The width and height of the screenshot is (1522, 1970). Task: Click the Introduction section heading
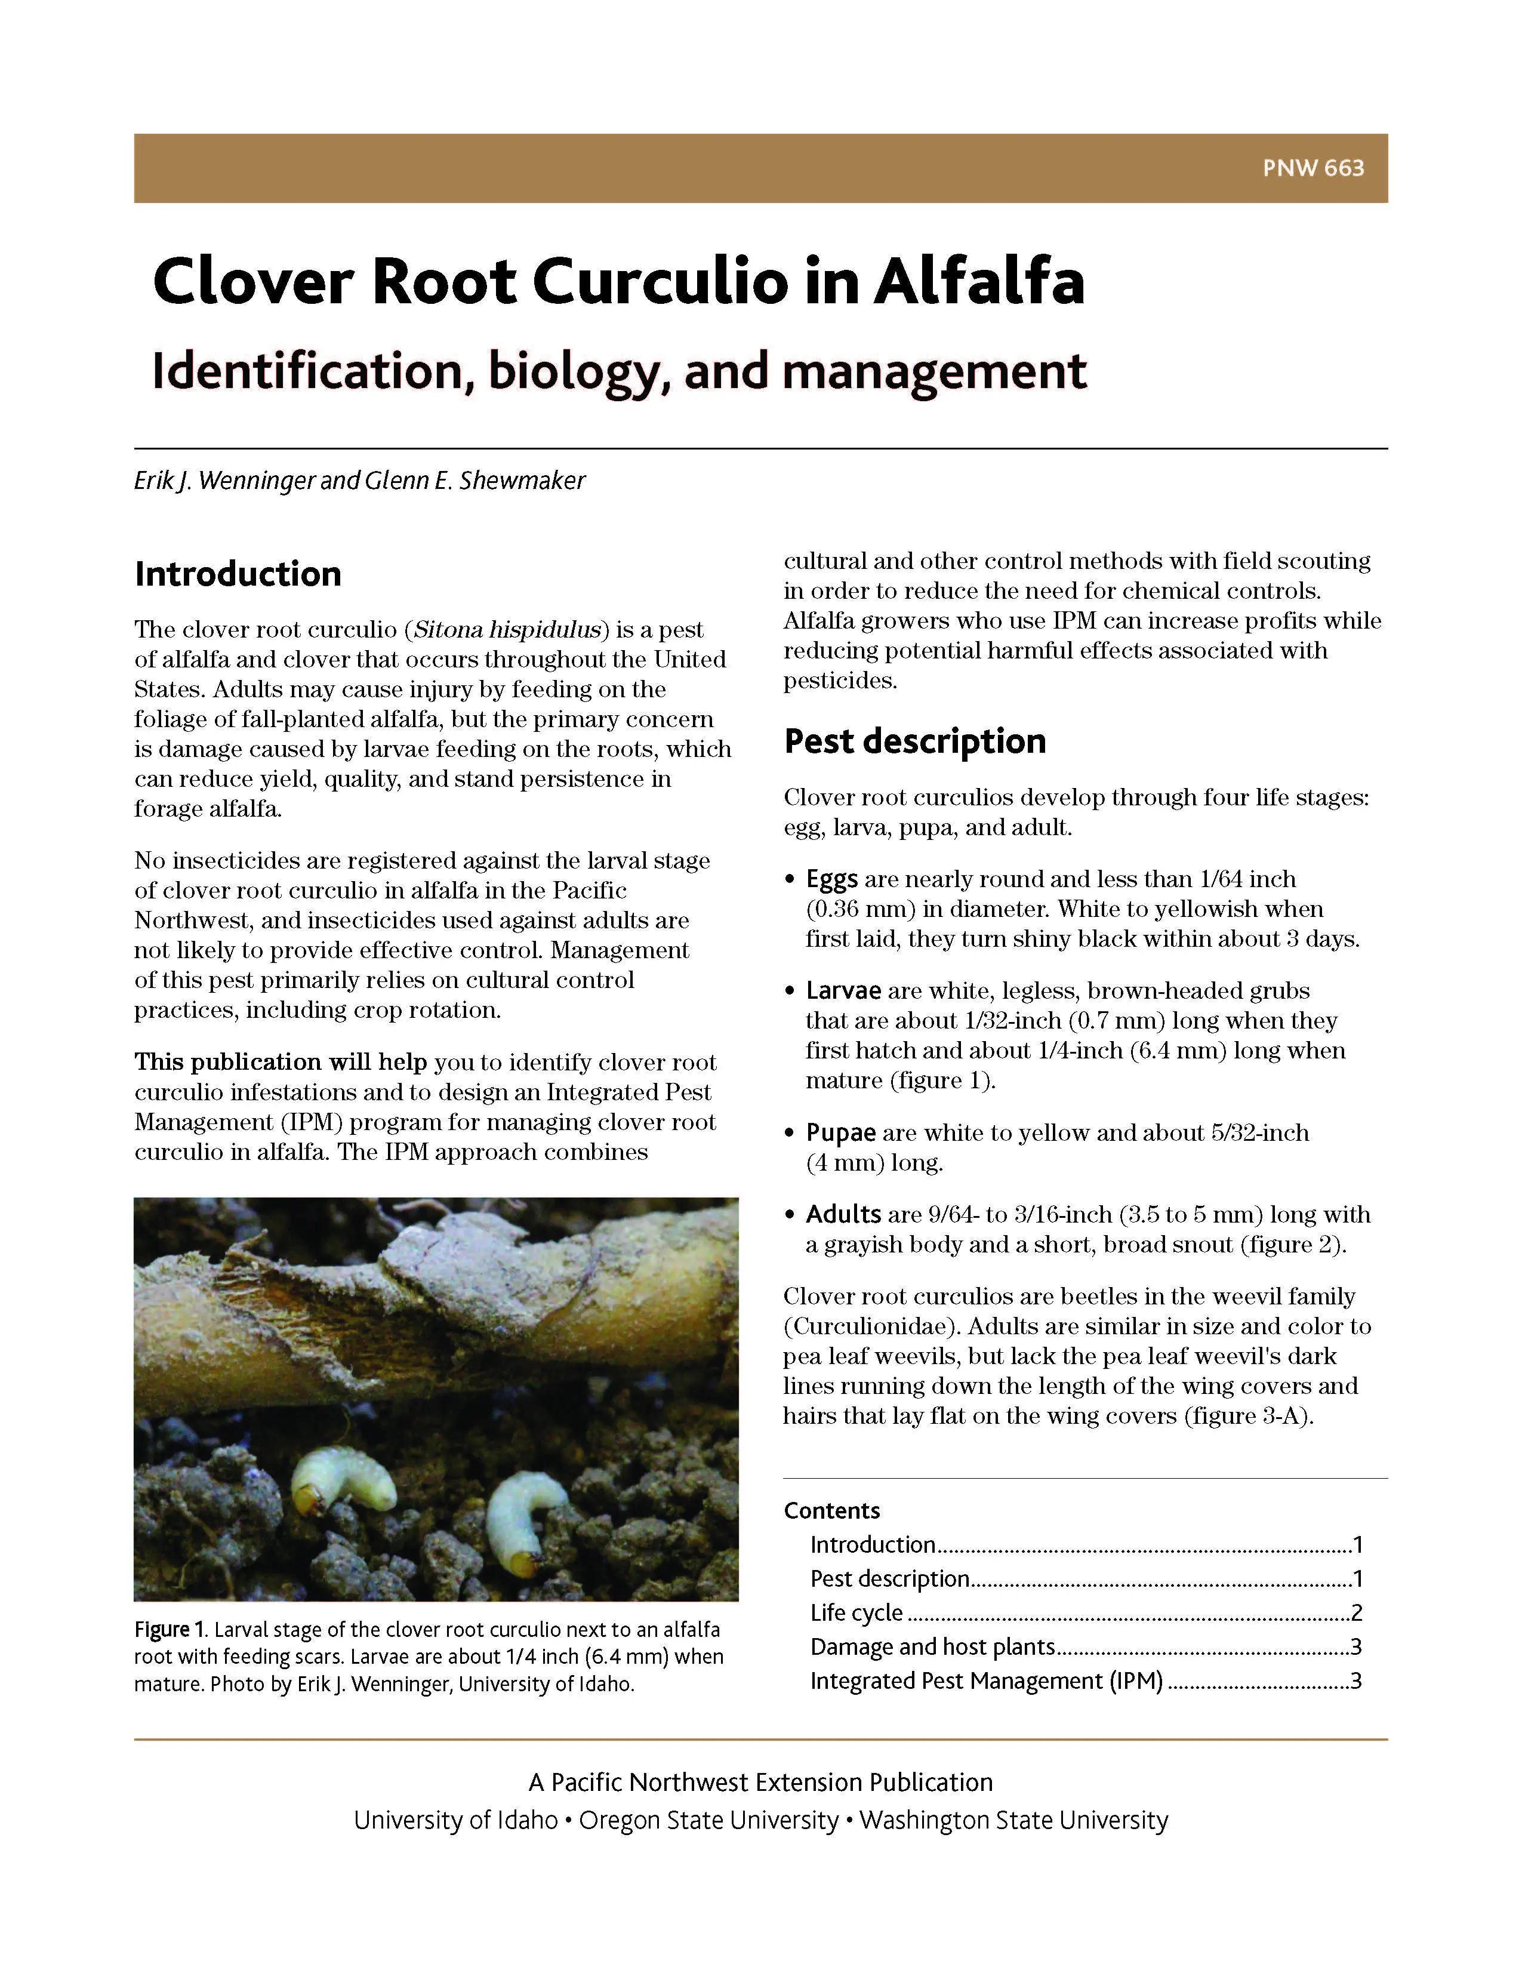(238, 574)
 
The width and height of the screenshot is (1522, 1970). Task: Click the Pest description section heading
(914, 741)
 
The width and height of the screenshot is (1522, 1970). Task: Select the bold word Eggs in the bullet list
(831, 879)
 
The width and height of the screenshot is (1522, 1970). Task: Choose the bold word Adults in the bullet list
(843, 1214)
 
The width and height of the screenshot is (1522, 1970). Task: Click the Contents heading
(831, 1511)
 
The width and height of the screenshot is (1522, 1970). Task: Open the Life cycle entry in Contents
(856, 1613)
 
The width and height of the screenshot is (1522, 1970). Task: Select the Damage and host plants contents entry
(932, 1647)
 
